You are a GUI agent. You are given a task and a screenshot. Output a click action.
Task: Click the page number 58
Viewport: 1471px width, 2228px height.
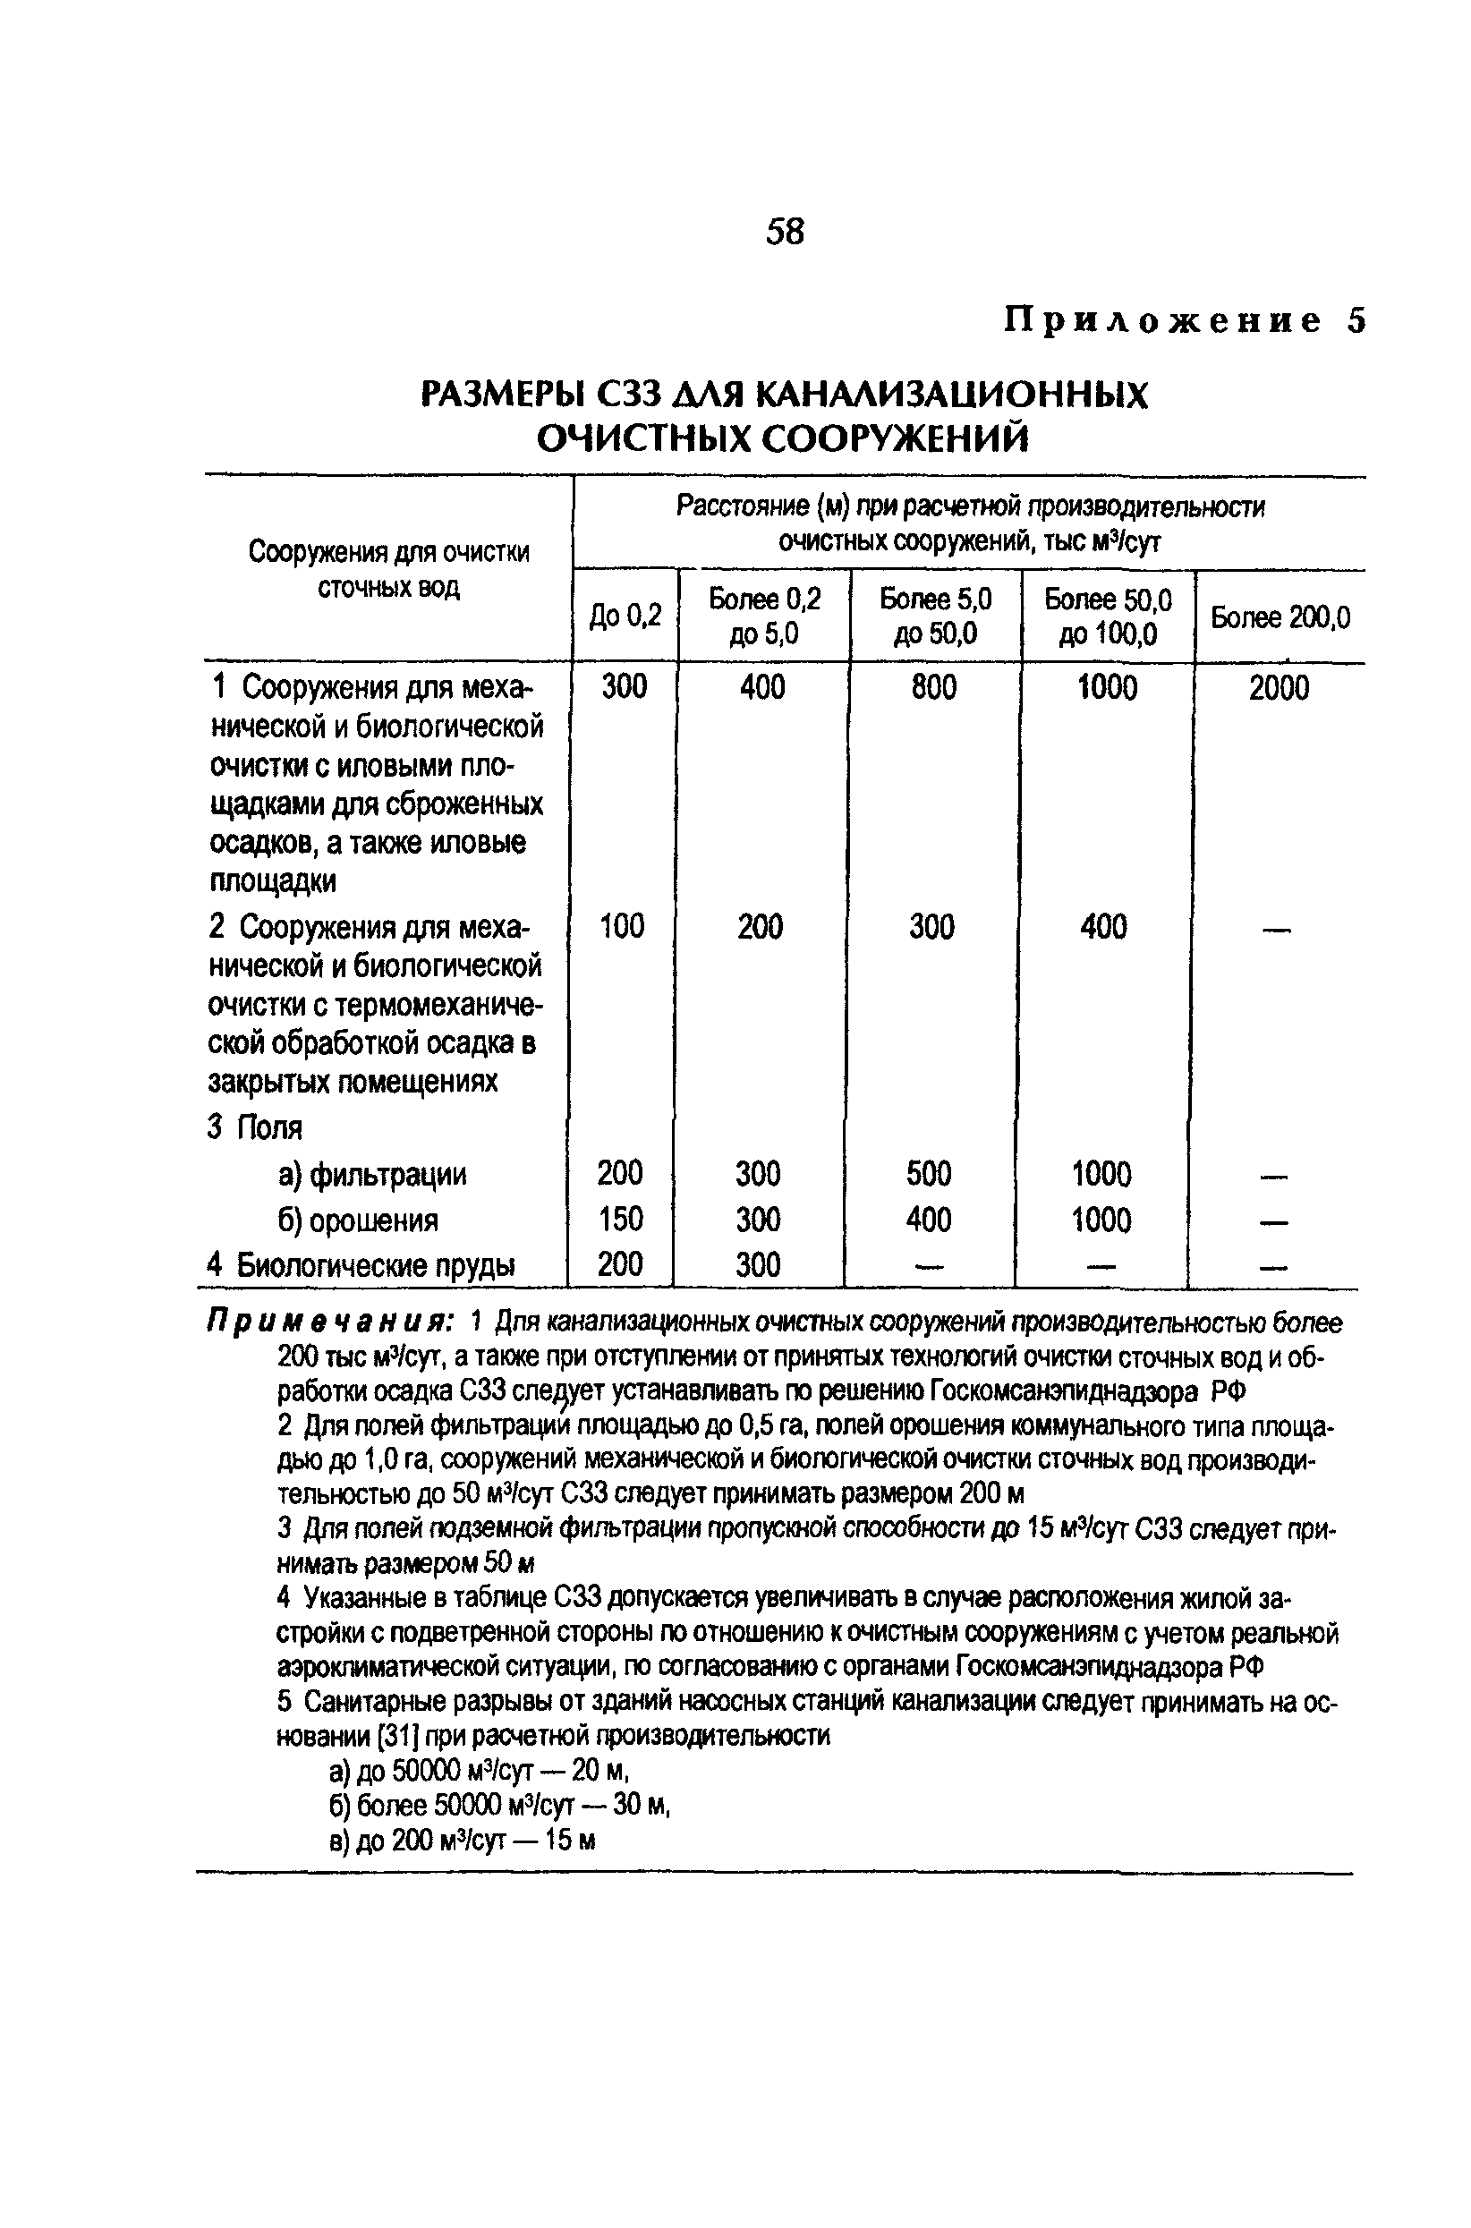(x=785, y=231)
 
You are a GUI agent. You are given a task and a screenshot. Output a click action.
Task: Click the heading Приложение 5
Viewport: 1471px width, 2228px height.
(x=1185, y=321)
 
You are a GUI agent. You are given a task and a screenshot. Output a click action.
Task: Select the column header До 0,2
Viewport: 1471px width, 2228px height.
(x=625, y=617)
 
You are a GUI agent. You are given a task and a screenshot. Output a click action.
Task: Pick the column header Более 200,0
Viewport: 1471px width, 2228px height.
(x=1280, y=617)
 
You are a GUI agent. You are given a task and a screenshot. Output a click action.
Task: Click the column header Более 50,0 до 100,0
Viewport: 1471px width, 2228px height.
(x=1108, y=617)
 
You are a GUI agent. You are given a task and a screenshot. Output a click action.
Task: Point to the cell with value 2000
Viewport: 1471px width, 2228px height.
(x=1278, y=689)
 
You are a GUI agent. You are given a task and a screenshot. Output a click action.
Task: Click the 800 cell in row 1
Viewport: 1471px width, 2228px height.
(x=933, y=687)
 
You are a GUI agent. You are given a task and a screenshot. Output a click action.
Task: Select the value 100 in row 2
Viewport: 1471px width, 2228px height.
(x=622, y=927)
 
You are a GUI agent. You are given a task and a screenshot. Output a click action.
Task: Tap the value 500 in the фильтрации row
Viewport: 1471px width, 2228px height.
(x=929, y=1174)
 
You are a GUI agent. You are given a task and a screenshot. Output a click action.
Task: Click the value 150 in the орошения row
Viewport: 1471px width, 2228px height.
(x=620, y=1220)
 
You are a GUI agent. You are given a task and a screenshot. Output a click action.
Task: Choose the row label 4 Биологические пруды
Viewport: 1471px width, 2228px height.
(x=361, y=1265)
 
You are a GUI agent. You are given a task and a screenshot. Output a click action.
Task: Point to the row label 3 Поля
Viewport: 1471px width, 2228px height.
(x=255, y=1127)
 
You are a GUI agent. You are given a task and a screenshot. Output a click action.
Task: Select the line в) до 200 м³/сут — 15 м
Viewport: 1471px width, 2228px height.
(x=463, y=1841)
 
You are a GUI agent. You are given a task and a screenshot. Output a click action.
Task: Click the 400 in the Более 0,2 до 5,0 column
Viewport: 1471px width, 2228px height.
(x=761, y=687)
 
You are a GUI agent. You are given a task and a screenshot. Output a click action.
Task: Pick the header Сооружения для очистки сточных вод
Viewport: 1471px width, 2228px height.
(x=388, y=569)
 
